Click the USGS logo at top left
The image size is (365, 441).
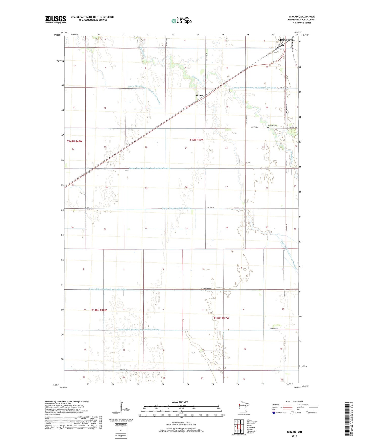click(56, 19)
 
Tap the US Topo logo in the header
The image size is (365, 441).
click(182, 20)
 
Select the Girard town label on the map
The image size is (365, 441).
click(200, 95)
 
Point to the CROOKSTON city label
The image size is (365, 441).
click(286, 40)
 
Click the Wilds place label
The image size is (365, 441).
click(280, 45)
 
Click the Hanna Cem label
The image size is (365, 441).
click(207, 288)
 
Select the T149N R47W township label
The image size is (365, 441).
click(196, 140)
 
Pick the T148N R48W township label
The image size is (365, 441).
click(99, 310)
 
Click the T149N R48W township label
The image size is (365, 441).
click(75, 141)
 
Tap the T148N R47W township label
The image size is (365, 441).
click(221, 318)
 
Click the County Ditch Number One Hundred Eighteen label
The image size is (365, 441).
click(150, 168)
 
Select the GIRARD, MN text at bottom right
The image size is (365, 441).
click(294, 432)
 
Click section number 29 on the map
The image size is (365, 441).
click(146, 188)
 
